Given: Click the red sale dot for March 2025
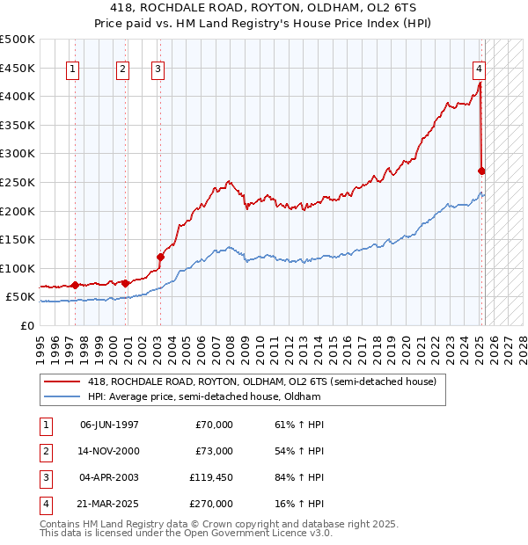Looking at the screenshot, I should click(x=481, y=171).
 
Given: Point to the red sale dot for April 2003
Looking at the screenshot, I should click(x=161, y=257).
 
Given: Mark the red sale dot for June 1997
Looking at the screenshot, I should click(x=75, y=285).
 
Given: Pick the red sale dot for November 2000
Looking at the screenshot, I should click(x=126, y=283).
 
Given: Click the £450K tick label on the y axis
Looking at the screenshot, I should click(x=18, y=68).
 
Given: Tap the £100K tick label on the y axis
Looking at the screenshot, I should click(x=18, y=268).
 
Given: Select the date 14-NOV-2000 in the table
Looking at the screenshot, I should click(x=109, y=451).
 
